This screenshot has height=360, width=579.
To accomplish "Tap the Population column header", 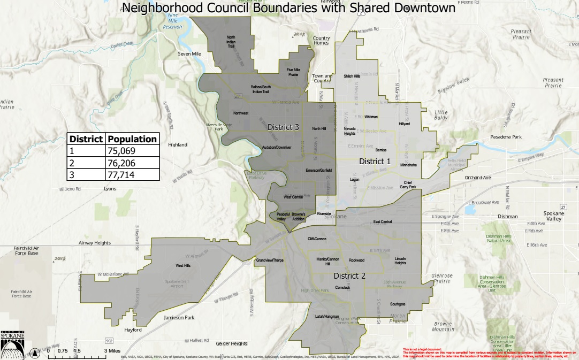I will tap(132, 139).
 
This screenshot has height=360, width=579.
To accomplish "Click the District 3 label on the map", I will tap(283, 127).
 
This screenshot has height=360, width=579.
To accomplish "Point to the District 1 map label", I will tap(375, 161).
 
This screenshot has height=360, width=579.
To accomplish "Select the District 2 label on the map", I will tap(349, 276).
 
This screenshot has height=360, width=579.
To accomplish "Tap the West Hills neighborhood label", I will tap(183, 265).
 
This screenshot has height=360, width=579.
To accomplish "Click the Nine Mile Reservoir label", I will tap(172, 21).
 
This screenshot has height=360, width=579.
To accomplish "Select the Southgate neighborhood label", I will tap(398, 304).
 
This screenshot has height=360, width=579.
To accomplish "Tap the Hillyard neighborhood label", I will tap(404, 124).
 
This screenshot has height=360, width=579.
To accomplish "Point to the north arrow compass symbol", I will tap(36, 353).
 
